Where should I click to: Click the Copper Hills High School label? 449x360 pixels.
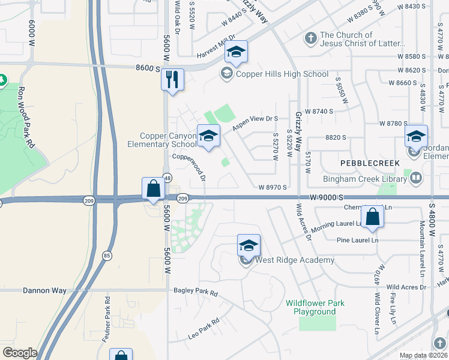pyautogui.click(x=282, y=74)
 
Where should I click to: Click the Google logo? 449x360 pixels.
pyautogui.click(x=20, y=353)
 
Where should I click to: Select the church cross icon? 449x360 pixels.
pyautogui.click(x=310, y=40)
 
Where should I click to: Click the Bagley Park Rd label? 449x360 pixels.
pyautogui.click(x=196, y=292)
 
